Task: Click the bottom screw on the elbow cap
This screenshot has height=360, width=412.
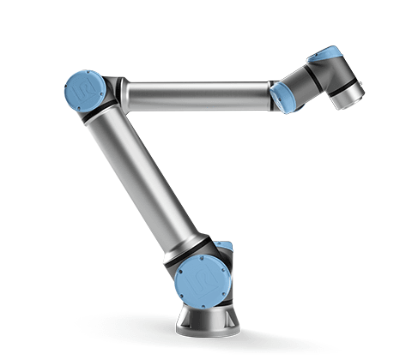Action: pos(84,105)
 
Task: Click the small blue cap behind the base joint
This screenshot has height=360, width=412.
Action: pos(225,248)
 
